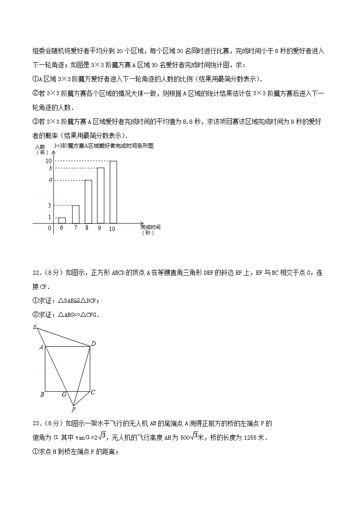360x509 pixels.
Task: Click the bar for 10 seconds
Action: tap(113, 192)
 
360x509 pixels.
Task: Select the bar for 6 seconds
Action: tap(62, 220)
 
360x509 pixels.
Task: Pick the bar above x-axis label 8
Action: tap(88, 201)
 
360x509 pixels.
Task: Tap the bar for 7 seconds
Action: tap(75, 214)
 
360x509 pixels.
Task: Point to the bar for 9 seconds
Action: tap(101, 195)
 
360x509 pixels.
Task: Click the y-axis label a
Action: tap(51, 180)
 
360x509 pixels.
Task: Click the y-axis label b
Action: tap(51, 168)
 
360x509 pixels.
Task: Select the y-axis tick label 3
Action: tap(49, 205)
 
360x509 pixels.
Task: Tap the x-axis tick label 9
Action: tap(99, 228)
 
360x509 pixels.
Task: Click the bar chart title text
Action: tap(103, 146)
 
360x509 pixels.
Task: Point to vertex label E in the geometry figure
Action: tap(34, 327)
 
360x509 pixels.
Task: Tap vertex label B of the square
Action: tap(42, 394)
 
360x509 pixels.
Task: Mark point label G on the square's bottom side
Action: tap(64, 395)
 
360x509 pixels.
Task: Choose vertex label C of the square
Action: tap(93, 393)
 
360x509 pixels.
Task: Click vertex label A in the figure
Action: tap(41, 347)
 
